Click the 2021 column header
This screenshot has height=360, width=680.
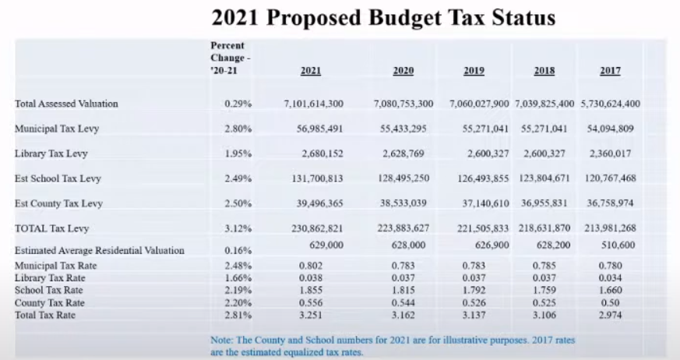click(311, 71)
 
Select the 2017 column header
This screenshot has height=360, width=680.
click(610, 71)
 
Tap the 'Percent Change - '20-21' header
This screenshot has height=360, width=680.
click(227, 58)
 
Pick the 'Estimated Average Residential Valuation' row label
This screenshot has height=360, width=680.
click(100, 250)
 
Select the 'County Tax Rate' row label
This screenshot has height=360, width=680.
click(50, 302)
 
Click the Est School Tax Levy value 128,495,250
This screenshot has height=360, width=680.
click(403, 178)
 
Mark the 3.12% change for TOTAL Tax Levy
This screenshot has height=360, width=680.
click(238, 228)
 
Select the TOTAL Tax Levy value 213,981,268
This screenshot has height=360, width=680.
click(610, 228)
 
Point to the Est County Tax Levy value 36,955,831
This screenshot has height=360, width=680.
click(544, 203)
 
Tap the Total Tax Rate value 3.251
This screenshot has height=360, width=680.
click(311, 315)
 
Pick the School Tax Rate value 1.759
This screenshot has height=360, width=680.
click(544, 290)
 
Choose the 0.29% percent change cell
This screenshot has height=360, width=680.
click(238, 104)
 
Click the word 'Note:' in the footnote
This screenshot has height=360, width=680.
click(224, 340)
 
